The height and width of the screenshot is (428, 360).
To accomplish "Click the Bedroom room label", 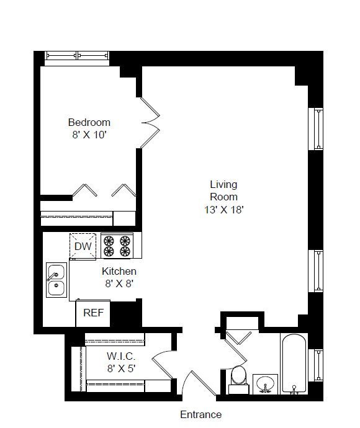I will pyautogui.click(x=89, y=122).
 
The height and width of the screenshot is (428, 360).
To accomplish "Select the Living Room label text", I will pyautogui.click(x=223, y=190).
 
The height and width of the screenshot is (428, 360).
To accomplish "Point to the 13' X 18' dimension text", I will pyautogui.click(x=223, y=210).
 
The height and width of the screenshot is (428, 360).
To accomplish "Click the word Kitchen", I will pyautogui.click(x=119, y=271).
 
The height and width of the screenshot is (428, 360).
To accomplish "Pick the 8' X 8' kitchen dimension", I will pyautogui.click(x=119, y=283).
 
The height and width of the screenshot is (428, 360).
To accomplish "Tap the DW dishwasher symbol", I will pyautogui.click(x=83, y=246).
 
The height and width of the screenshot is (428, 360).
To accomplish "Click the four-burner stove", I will pyautogui.click(x=117, y=246).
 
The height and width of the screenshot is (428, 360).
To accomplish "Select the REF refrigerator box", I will pyautogui.click(x=92, y=313).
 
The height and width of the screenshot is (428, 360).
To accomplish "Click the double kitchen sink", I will pyautogui.click(x=56, y=280).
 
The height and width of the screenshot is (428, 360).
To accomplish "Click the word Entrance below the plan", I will pyautogui.click(x=200, y=414).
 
